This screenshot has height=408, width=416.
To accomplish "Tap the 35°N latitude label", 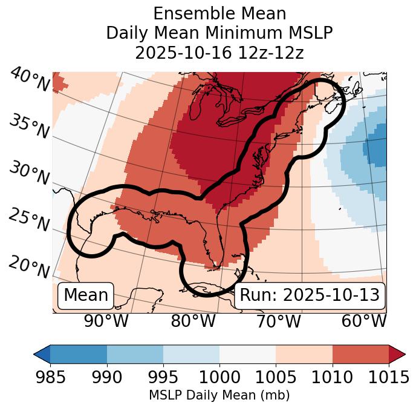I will point(29,126).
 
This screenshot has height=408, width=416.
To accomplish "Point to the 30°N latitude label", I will point(29,174).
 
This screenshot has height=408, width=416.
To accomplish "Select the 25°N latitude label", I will point(28,220).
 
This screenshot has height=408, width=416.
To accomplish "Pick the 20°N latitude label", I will point(29,266).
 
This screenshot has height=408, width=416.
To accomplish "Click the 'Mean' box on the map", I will point(86,295).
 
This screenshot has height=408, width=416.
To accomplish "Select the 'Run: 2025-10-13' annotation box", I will point(310,295).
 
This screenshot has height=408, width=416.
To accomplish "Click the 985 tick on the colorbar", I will point(50,377).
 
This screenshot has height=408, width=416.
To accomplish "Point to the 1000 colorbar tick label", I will point(219,377).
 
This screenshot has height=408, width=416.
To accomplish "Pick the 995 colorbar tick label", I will point(163,377).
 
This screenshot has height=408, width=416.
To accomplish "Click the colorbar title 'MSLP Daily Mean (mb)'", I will point(219,396).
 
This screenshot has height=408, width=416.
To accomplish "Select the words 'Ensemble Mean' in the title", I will point(219,13).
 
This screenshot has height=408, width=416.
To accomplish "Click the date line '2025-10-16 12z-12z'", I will point(219,53).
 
